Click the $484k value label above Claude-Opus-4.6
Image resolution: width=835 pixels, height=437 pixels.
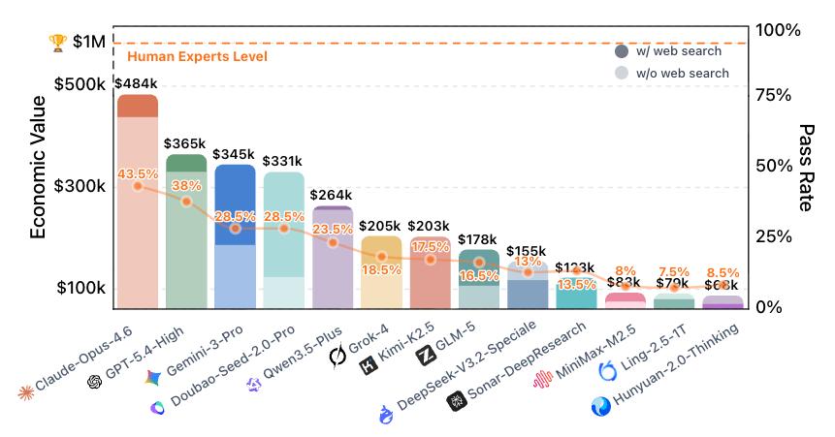137,83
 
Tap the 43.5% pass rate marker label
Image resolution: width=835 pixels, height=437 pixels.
138,173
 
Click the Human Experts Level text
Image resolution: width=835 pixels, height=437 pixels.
197,57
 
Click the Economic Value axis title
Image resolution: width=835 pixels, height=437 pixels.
38,167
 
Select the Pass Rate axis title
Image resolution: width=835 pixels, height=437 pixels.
806,167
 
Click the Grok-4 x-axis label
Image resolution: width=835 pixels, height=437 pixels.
372,344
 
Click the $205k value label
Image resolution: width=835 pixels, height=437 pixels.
380,226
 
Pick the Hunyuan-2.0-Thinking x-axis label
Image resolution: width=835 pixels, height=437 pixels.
679,368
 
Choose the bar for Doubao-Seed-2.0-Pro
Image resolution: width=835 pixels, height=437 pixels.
284,242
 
